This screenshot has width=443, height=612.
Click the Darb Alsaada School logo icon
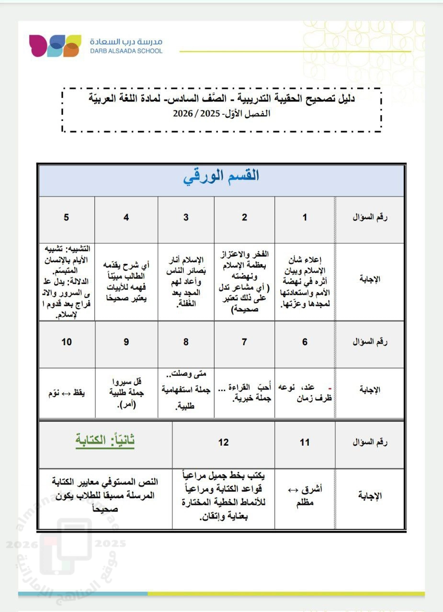point(54,46)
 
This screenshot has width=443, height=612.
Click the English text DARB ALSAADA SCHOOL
point(126,51)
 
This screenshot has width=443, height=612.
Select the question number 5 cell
point(66,218)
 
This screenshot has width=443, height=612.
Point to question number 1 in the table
point(305,218)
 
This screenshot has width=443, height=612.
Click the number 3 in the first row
point(186,218)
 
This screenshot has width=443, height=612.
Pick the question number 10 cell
point(67,342)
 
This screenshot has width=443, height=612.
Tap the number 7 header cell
point(244,342)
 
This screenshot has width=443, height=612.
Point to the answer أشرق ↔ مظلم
point(305,495)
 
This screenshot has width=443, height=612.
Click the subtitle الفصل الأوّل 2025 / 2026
point(222,114)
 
